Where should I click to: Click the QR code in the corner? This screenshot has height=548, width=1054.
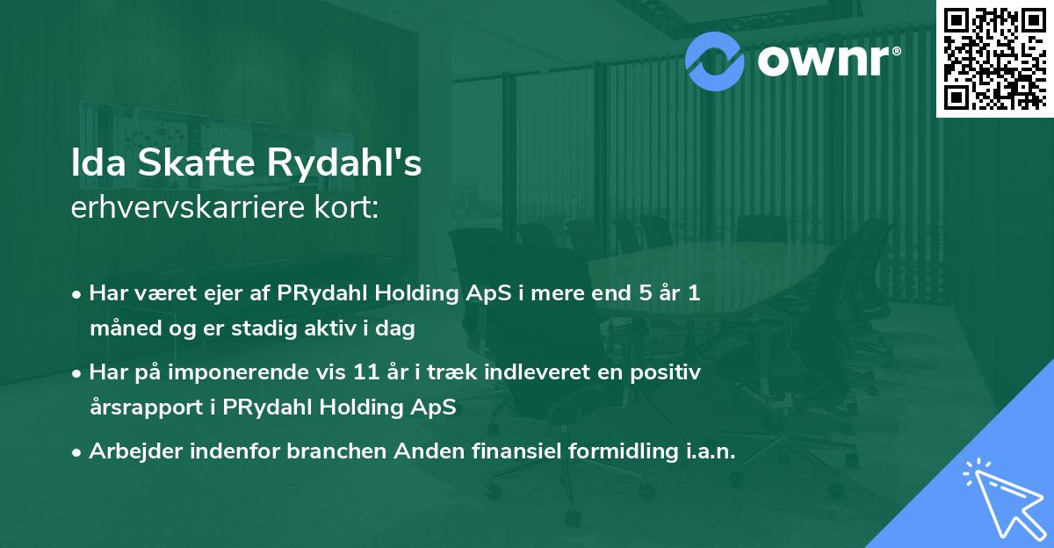(x=994, y=59)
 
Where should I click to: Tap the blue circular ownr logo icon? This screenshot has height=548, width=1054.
(x=714, y=61)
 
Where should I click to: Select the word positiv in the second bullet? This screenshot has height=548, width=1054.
(x=669, y=372)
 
